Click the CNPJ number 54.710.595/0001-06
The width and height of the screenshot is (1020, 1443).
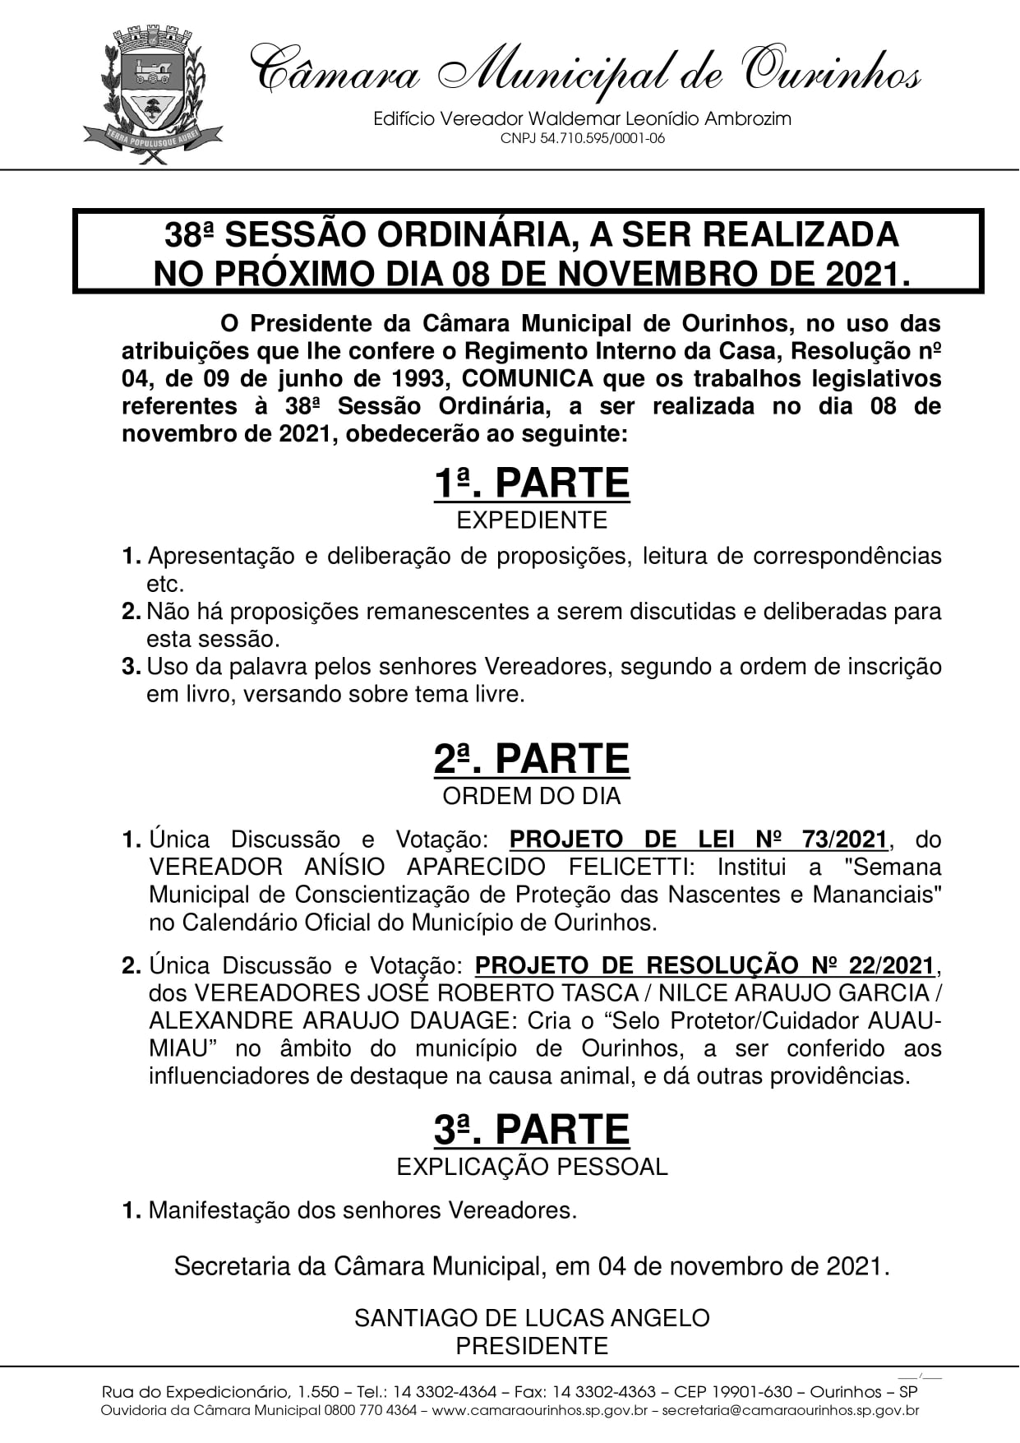click(582, 139)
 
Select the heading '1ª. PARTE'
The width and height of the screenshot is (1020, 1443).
click(531, 483)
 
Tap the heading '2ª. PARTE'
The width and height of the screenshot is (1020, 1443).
click(531, 759)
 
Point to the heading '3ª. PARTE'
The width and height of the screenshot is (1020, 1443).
click(531, 1130)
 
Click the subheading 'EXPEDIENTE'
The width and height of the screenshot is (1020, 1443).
click(531, 520)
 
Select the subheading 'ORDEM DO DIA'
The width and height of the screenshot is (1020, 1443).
click(531, 796)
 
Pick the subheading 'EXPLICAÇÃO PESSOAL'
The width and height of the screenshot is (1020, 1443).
click(531, 1167)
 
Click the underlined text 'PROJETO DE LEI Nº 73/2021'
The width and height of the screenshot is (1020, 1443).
click(699, 839)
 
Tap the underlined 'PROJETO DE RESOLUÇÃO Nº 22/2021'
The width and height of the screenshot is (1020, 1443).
click(704, 965)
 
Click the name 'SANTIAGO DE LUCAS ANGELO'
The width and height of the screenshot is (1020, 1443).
click(531, 1318)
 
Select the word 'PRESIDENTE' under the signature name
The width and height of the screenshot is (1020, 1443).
click(531, 1346)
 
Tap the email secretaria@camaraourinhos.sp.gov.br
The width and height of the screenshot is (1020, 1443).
click(790, 1411)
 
